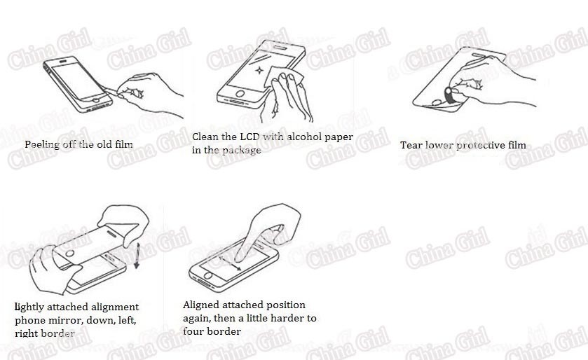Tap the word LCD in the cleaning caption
coord(249,137)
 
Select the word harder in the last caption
coord(287,318)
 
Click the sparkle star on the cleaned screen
coord(259,70)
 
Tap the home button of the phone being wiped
coord(240,93)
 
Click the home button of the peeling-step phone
coord(97,100)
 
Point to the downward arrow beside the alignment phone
coord(137,256)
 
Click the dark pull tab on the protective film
coord(448,95)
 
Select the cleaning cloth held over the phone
coord(283,77)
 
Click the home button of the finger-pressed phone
coord(207,276)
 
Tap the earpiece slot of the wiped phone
coord(280,47)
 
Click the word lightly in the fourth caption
coord(29,307)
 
